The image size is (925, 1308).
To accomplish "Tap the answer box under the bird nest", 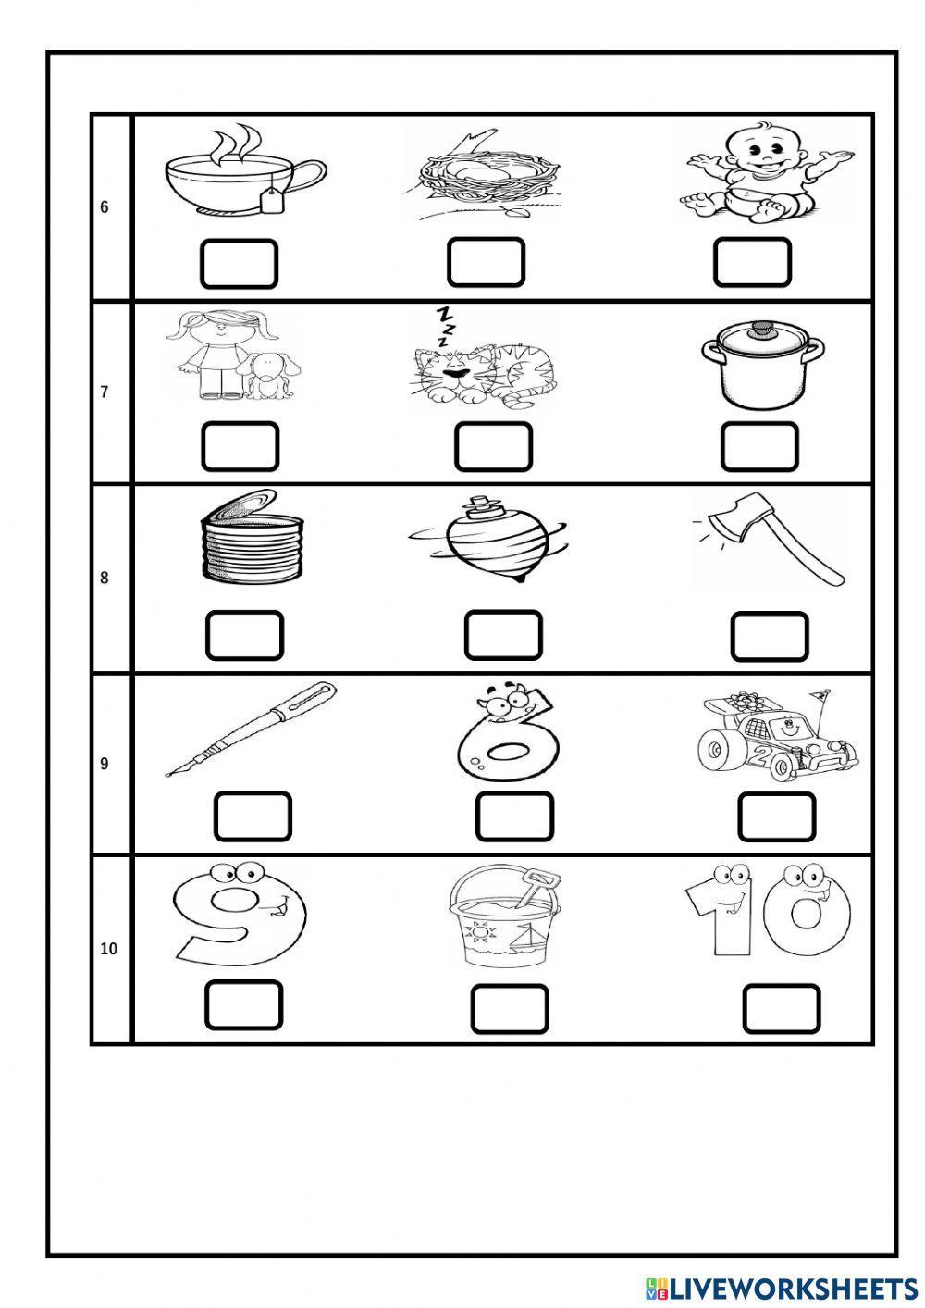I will point(486,262).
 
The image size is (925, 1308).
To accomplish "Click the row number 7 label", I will point(105,392).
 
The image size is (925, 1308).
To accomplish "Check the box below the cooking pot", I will point(759,446).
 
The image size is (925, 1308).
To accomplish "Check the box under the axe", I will point(769,637).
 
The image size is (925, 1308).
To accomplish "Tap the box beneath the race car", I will point(776,816).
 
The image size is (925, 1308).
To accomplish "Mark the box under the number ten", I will point(781,1009).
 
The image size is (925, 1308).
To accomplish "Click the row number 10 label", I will point(108,949).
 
